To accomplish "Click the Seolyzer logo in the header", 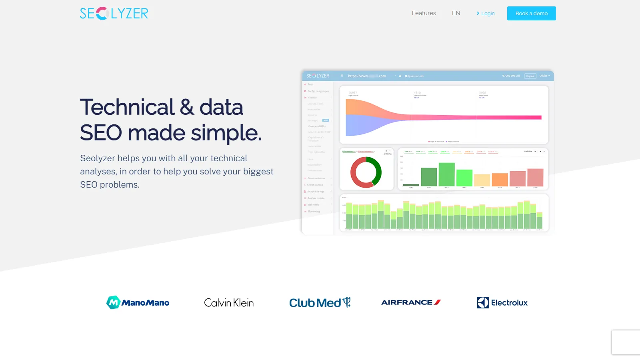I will (x=114, y=13).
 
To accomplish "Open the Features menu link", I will (x=424, y=13).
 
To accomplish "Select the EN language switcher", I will (x=456, y=13).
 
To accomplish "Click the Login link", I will (x=486, y=14).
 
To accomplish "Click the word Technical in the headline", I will (x=127, y=107).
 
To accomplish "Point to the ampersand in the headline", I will (x=187, y=107).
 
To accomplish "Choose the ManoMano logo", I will (x=138, y=302).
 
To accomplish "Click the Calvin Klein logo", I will (x=229, y=303).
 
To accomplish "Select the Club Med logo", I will (x=320, y=303).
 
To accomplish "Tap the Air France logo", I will (x=411, y=302).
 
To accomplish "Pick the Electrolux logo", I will (x=502, y=303).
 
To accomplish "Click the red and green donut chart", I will (x=366, y=172).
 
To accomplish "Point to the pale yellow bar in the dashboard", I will (x=482, y=180).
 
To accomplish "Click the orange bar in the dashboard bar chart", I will (x=500, y=179).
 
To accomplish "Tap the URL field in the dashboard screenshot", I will (x=367, y=76).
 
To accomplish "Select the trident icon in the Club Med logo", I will (x=347, y=302).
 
